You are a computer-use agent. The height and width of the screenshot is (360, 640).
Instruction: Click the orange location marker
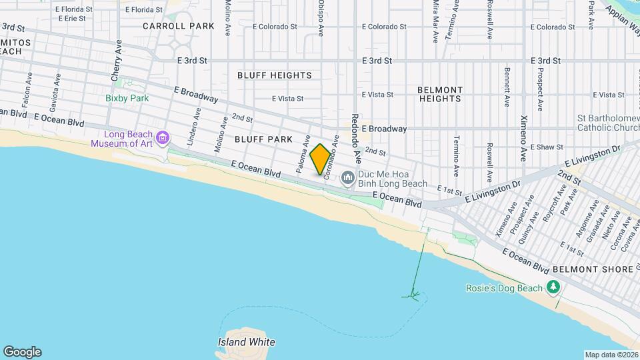pos(320,159)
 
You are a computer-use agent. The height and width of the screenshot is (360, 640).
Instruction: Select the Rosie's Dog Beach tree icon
pos(552,287)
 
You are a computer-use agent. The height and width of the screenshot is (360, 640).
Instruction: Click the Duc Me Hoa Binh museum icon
pos(347,177)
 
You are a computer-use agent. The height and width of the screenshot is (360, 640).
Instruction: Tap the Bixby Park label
pos(127,98)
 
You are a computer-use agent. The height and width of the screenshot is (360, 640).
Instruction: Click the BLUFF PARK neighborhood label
pos(263,139)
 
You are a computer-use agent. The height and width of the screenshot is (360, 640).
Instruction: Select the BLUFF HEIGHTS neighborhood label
pos(274,75)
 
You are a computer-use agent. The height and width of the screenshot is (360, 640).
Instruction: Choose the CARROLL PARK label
pos(178,26)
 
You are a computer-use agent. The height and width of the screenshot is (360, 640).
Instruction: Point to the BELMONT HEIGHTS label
pos(440,94)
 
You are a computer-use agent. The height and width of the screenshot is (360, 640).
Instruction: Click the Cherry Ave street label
pos(117,61)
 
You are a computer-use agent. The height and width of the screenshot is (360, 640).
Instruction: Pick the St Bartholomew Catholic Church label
pos(608,123)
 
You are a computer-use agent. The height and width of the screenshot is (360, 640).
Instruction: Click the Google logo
pos(22,352)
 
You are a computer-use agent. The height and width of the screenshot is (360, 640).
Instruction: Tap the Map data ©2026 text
pos(611,355)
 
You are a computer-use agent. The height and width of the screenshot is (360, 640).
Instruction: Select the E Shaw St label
pos(545,147)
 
